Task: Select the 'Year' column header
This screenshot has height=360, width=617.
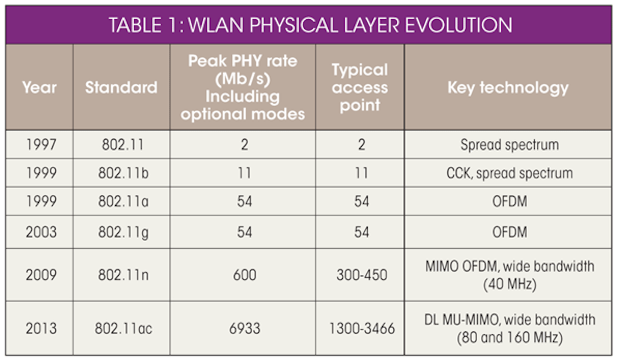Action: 39,87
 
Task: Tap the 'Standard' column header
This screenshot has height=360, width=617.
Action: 121,87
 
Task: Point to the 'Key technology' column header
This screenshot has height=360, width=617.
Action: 508,88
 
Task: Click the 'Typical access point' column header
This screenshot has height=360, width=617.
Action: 360,87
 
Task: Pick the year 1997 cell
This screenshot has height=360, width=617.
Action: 41,144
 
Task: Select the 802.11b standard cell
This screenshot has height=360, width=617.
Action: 123,173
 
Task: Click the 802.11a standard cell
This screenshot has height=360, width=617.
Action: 123,201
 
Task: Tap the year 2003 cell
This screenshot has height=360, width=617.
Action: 41,232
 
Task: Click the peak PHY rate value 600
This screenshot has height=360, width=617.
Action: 245,275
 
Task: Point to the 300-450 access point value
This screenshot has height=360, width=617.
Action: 362,275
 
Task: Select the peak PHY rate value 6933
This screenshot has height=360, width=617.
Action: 245,328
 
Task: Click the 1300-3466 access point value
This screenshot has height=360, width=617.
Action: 362,328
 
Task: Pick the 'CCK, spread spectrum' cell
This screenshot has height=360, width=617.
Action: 509,174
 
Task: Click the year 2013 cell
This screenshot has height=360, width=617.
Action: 41,328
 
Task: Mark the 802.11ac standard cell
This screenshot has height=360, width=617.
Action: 123,328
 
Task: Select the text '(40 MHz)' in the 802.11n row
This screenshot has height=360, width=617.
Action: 510,284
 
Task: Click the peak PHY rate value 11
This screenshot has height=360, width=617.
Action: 245,173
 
